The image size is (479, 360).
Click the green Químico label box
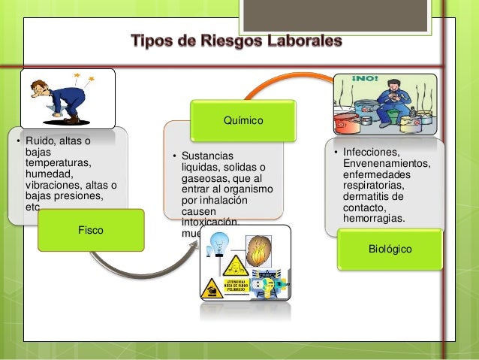[243, 120]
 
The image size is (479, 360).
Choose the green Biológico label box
[390, 248]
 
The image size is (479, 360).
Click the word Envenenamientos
[385, 163]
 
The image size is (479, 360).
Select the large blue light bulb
[220, 243]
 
